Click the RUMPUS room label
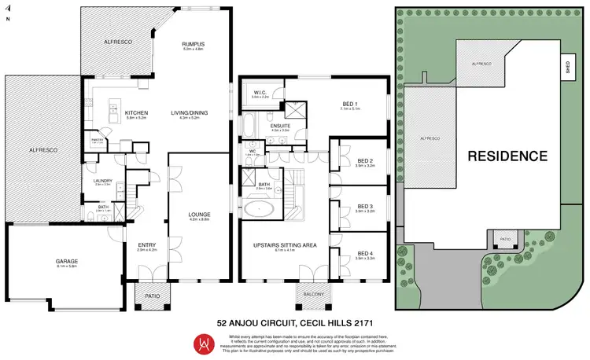pyautogui.click(x=194, y=44)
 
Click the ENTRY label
pyautogui.click(x=147, y=244)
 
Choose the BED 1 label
pyautogui.click(x=350, y=104)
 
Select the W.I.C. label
pyautogui.click(x=261, y=93)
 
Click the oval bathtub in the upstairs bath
pyautogui.click(x=260, y=210)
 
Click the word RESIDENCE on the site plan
pyautogui.click(x=507, y=156)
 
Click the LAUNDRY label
pyautogui.click(x=103, y=182)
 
